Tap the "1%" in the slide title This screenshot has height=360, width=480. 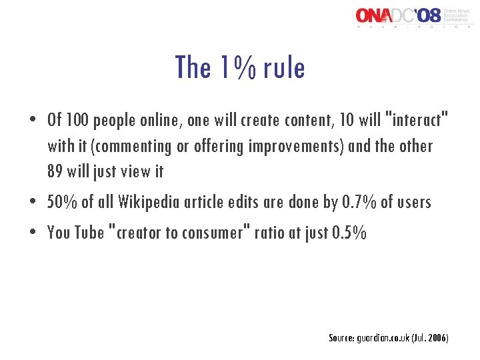pos(233,68)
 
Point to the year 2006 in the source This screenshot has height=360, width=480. pos(437,338)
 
